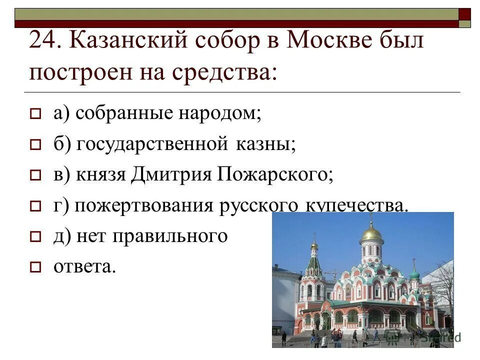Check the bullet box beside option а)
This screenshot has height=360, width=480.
(x=34, y=115)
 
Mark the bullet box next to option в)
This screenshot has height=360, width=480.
(x=34, y=176)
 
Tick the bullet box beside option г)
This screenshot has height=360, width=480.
(x=34, y=206)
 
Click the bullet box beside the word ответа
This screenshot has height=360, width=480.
(x=34, y=267)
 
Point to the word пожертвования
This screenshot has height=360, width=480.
(x=144, y=206)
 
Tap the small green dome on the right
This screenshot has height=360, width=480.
(x=414, y=274)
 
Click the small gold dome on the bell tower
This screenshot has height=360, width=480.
(x=314, y=246)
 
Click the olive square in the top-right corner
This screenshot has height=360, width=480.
(x=464, y=23)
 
